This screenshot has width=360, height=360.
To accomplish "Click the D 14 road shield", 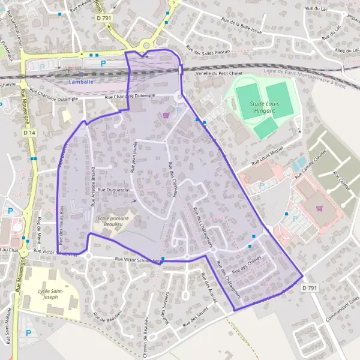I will (28, 132).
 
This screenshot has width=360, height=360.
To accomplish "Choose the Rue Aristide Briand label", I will (93, 186).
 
